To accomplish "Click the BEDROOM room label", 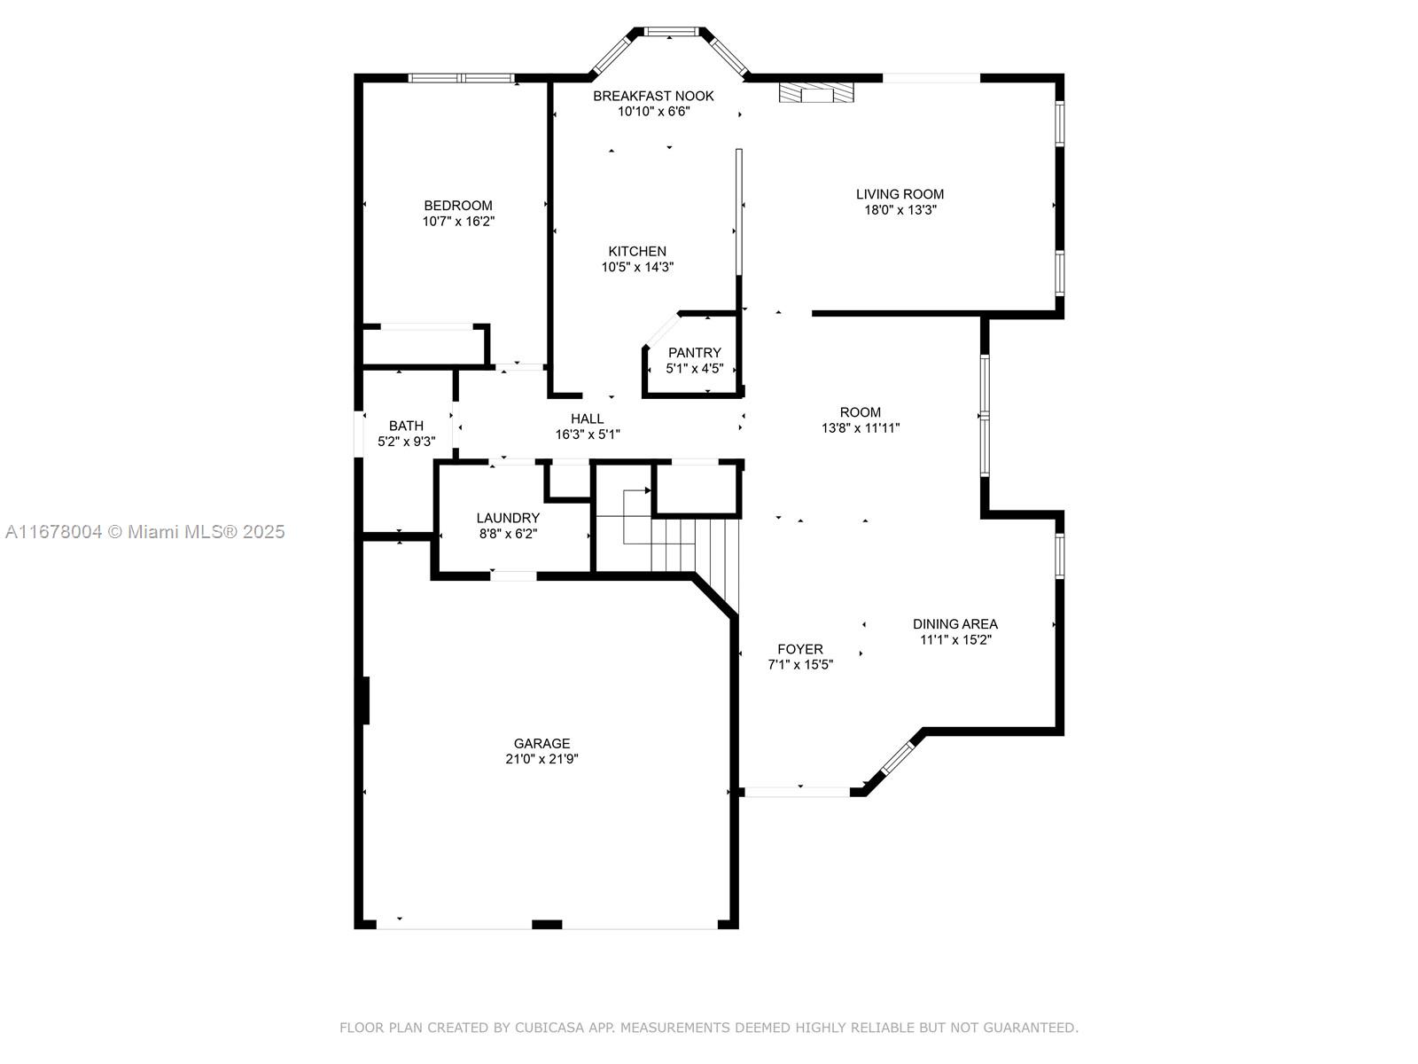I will coord(457,206).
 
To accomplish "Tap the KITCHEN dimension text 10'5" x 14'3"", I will coord(637,267).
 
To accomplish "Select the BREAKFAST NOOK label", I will coord(653,96).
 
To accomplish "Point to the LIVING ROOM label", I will coord(900,194).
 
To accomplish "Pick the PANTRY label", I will coord(694,353).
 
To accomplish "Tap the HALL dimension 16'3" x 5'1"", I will coord(587,434).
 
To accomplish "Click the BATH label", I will coord(406,426).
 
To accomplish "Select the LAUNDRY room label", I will coord(508,518).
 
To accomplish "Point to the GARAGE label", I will coord(541,743).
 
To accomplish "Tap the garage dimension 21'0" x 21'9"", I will coord(541,759).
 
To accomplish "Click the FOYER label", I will coord(800,649).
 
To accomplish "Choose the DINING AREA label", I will coord(954,623).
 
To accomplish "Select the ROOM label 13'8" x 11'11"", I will coord(860,412).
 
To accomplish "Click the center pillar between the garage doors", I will coord(547,925).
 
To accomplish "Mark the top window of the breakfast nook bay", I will coord(671,32).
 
